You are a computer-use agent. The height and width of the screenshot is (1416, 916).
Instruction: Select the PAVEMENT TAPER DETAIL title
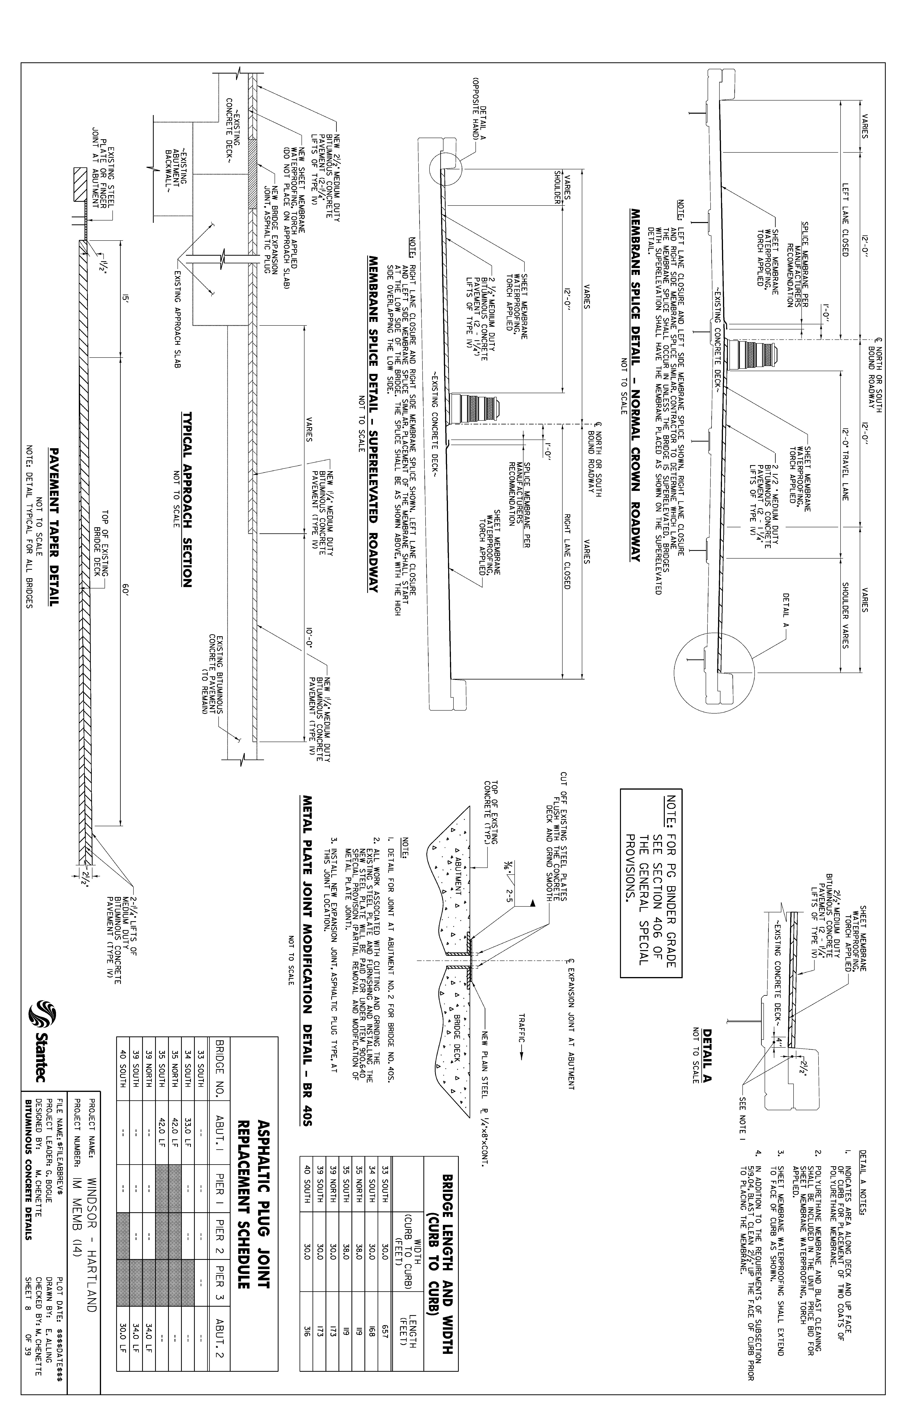54,526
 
